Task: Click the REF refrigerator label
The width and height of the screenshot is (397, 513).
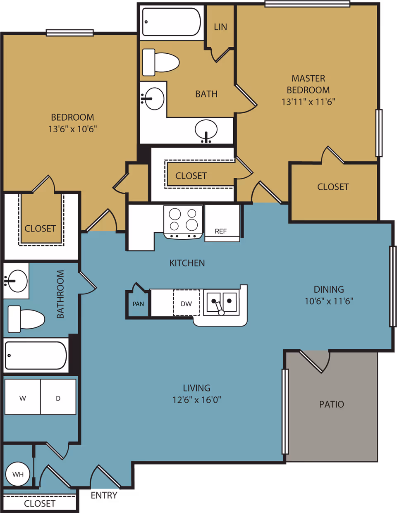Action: point(221,231)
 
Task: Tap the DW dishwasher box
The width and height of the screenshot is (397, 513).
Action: point(186,303)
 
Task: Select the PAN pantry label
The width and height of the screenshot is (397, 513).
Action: point(138,304)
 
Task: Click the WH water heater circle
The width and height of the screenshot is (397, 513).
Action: point(18,474)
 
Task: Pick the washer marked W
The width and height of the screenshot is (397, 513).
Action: point(23,398)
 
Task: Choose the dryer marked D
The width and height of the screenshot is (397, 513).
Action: point(58,398)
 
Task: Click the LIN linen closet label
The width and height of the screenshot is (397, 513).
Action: point(220,27)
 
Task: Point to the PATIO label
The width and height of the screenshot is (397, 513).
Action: point(331,404)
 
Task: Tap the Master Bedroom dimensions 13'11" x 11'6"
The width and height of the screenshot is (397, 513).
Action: point(308,102)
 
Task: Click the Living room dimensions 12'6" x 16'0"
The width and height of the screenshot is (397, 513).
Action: point(196,400)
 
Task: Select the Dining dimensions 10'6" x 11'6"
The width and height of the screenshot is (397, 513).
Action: point(329,301)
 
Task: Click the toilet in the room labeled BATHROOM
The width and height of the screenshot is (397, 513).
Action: point(26,319)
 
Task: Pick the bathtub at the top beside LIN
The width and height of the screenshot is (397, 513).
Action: point(171,22)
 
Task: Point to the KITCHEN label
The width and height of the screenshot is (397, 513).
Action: point(187,263)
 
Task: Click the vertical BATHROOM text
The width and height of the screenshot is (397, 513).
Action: point(60,294)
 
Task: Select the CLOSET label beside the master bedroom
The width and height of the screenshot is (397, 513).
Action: point(333,187)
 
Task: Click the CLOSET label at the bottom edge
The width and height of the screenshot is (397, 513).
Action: point(40,503)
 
